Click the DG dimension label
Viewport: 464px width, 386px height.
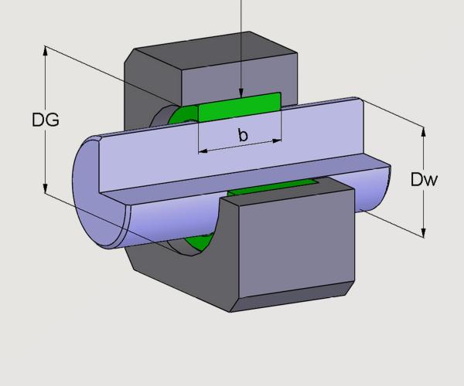point(46,120)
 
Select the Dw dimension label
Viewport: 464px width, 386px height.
point(425,181)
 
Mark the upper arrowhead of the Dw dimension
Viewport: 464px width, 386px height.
point(423,130)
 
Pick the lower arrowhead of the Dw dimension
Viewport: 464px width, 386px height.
point(423,232)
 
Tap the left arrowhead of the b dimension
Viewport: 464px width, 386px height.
point(203,149)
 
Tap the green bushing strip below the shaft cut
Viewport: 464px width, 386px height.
point(271,186)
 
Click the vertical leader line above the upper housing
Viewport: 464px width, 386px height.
point(242,23)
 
